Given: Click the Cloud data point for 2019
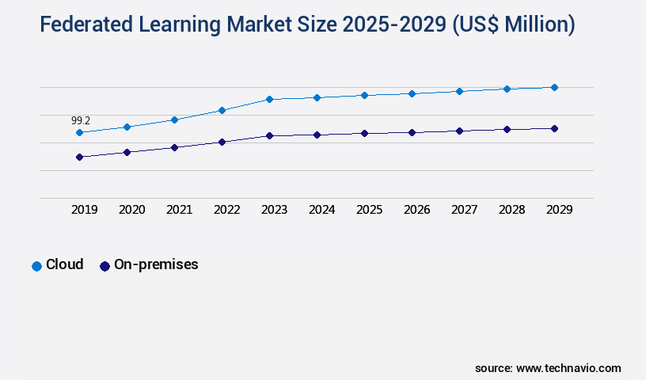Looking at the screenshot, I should coord(79,132).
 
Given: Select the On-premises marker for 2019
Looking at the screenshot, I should coord(79,157).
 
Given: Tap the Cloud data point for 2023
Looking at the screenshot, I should coord(269,99).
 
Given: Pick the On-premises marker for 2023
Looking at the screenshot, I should coord(269,135).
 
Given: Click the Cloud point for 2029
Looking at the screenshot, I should coord(554,87).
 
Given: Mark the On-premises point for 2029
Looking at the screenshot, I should coord(554,128).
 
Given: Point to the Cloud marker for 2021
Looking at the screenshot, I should coord(174,120).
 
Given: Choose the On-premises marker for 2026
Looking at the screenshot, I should coord(412,132).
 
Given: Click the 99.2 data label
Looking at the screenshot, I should coord(81,120).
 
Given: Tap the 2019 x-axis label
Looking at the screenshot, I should coord(85,210).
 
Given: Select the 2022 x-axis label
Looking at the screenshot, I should coord(227,210).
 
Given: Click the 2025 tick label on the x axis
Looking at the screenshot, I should coord(370,210).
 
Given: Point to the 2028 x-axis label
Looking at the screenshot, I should coord(512,210).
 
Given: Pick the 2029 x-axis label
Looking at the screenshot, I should coord(560,210).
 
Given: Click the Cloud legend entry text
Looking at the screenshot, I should coord(64,265).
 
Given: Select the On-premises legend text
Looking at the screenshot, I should coord(156,265).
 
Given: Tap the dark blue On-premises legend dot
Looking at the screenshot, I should coord(104,266).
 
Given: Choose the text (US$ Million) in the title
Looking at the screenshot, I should coord(513,25).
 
